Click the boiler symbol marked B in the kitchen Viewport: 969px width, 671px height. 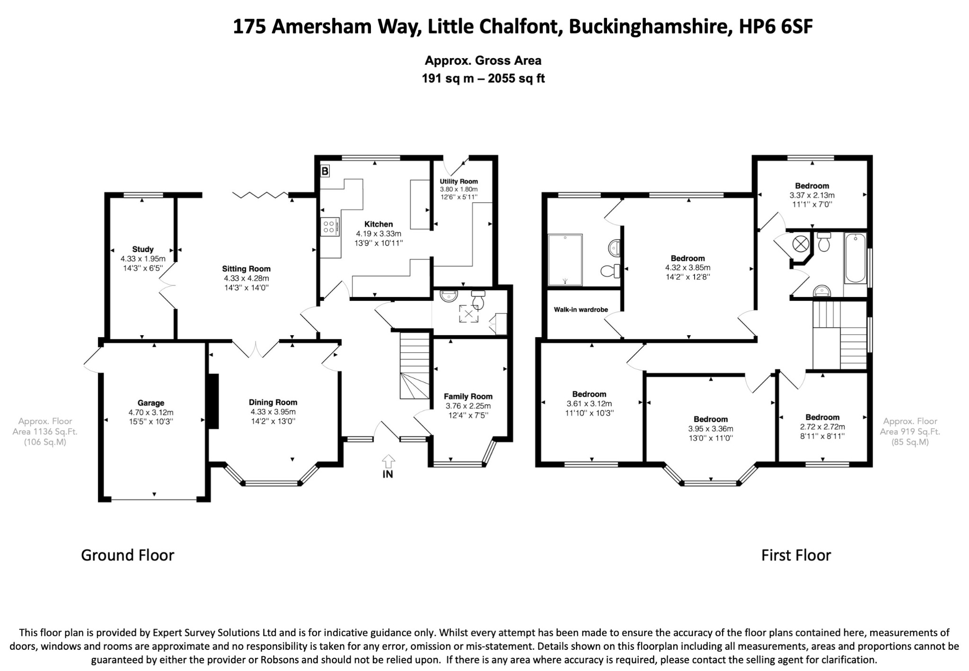pyautogui.click(x=325, y=171)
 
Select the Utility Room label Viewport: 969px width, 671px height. pyautogui.click(x=458, y=182)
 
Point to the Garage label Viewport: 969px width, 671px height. pyautogui.click(x=151, y=403)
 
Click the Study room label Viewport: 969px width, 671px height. pyautogui.click(x=143, y=249)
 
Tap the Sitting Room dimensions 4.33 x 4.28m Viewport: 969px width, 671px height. pyautogui.click(x=246, y=279)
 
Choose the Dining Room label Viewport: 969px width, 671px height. pyautogui.click(x=273, y=402)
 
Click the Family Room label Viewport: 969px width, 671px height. pyautogui.click(x=468, y=397)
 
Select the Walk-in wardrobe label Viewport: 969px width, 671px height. pyautogui.click(x=581, y=310)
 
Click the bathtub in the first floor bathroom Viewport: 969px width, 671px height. pyautogui.click(x=855, y=258)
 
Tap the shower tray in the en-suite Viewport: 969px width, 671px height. pyautogui.click(x=565, y=260)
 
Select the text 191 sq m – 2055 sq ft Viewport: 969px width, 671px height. pyautogui.click(x=483, y=78)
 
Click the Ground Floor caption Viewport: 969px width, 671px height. pyautogui.click(x=128, y=555)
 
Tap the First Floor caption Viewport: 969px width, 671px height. pyautogui.click(x=796, y=555)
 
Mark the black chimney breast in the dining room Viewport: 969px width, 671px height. pyautogui.click(x=213, y=401)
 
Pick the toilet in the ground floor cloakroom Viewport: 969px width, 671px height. pyautogui.click(x=478, y=299)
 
